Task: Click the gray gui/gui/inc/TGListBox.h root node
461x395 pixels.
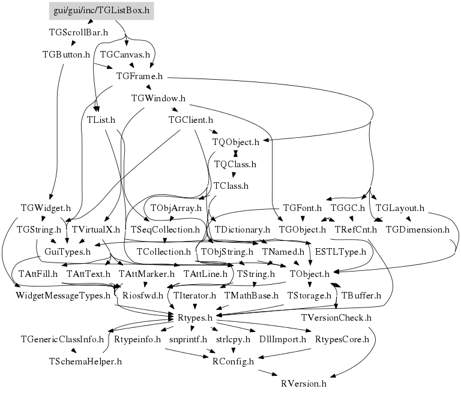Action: [x=101, y=10]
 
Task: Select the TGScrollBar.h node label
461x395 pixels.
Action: [x=78, y=32]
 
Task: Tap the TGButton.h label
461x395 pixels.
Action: [x=66, y=54]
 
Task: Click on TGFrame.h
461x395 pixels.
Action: [x=140, y=76]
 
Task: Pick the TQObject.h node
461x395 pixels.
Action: [x=236, y=142]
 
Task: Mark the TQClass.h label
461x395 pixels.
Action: [x=235, y=164]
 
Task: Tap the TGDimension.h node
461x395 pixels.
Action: [x=417, y=230]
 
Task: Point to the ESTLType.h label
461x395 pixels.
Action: [x=340, y=252]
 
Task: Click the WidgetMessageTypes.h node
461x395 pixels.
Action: [x=63, y=296]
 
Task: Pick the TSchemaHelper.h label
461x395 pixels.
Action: [x=85, y=361]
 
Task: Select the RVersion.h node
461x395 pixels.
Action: [x=303, y=383]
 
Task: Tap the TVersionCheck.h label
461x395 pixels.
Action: [x=336, y=317]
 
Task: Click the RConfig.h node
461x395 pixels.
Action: [x=234, y=361]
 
